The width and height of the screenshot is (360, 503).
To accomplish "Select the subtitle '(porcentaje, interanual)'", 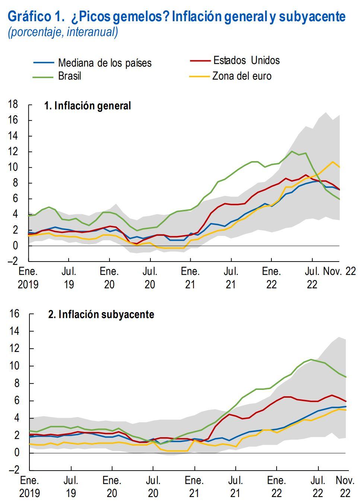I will [63, 32].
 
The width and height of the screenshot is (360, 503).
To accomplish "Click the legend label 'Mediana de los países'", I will [105, 63].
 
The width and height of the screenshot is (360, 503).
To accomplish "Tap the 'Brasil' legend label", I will [69, 76].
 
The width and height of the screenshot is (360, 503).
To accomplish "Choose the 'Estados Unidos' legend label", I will [246, 60].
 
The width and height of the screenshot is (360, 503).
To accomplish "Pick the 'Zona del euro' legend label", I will [242, 76].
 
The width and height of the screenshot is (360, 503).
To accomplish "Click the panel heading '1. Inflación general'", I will [87, 106].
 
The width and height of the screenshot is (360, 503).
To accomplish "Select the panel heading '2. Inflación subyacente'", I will [101, 314].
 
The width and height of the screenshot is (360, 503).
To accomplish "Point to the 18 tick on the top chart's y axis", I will [13, 104].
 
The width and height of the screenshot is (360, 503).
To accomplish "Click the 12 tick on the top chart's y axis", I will [13, 152].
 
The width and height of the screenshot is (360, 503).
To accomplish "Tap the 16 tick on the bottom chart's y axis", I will [14, 314].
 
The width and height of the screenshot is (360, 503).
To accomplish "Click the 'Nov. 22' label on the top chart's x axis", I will [339, 272].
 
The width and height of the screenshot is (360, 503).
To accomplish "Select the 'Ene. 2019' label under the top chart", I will [28, 278].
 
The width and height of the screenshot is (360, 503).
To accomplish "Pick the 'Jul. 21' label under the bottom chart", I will [235, 487].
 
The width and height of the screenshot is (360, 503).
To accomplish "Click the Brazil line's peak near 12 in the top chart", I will [292, 151].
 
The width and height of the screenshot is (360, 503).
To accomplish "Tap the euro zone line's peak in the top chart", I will [333, 162].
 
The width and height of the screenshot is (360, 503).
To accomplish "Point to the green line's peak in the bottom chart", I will [311, 359].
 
